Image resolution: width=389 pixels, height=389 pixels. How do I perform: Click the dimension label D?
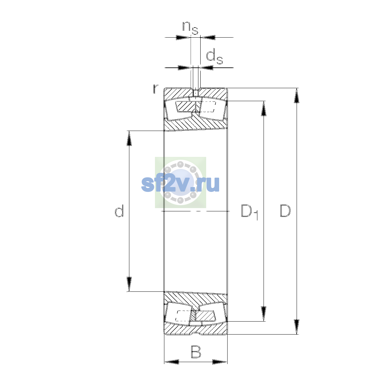pyautogui.click(x=285, y=211)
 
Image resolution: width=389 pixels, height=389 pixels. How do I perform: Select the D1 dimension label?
pyautogui.click(x=250, y=212)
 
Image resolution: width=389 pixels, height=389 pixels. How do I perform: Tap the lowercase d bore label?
pyautogui.click(x=119, y=211)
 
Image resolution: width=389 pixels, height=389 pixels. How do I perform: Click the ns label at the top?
pyautogui.click(x=190, y=28)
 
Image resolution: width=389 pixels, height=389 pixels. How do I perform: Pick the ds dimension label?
pyautogui.click(x=214, y=57)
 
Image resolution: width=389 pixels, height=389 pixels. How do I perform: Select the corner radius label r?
pyautogui.click(x=155, y=89)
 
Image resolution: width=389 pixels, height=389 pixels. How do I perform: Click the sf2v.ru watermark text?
pyautogui.click(x=180, y=184)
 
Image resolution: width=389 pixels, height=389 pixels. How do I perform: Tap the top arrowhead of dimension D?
pyautogui.click(x=296, y=96)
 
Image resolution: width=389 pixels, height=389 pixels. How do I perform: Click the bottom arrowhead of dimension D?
pyautogui.click(x=296, y=327)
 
